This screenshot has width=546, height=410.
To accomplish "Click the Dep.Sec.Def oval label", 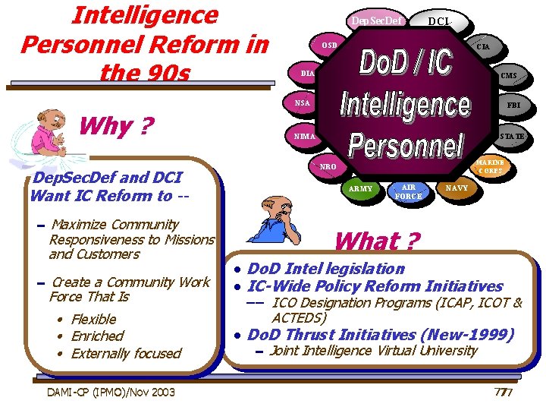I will [376, 20].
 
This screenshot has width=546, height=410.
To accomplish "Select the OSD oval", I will [329, 46].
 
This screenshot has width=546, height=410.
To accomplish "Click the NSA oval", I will [302, 102].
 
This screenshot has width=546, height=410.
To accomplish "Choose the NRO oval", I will [329, 166].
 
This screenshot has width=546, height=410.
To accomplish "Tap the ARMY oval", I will [361, 189].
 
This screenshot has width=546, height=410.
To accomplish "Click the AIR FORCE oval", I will [408, 191].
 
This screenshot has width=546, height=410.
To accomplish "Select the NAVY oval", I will [457, 188].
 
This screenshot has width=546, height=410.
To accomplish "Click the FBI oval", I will [513, 104].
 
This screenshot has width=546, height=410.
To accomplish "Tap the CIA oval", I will [482, 47].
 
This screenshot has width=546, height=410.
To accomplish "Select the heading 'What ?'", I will [376, 241].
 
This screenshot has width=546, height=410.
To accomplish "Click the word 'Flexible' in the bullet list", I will [93, 319].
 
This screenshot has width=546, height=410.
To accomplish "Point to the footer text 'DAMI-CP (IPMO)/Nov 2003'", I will [111, 392].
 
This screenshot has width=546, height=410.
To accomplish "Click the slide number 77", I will [503, 392].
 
